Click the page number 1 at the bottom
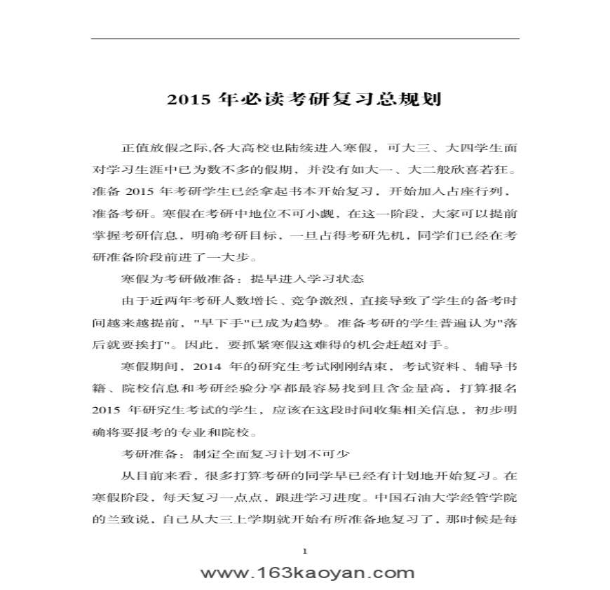[305, 551]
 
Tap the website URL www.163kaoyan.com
[307, 572]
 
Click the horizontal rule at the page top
[305, 39]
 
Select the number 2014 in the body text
[206, 366]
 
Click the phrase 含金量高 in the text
[409, 387]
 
